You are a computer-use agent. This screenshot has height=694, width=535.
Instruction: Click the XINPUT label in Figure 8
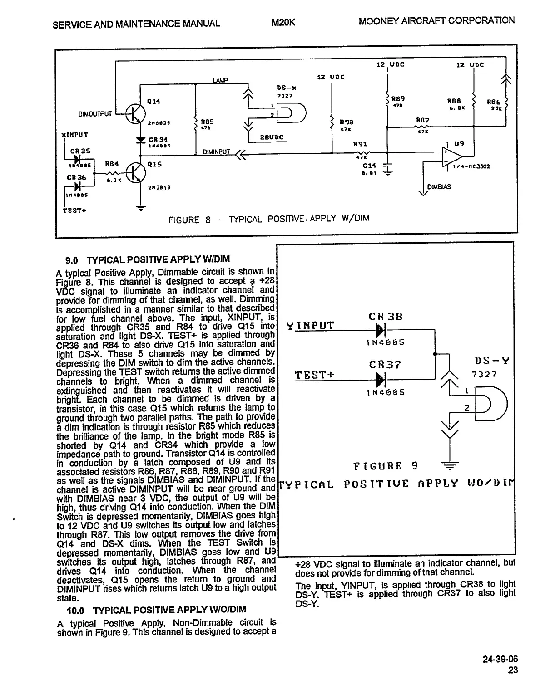[75, 135]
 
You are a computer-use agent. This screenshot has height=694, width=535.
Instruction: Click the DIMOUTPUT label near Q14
[95, 113]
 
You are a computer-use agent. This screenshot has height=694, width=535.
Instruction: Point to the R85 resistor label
[207, 122]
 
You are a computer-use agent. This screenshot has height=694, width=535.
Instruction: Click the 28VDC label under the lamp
[272, 137]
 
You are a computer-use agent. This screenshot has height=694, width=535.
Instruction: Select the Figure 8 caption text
[268, 219]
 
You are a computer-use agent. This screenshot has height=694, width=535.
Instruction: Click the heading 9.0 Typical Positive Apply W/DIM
[148, 259]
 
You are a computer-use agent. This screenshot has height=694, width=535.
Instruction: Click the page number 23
[512, 670]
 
